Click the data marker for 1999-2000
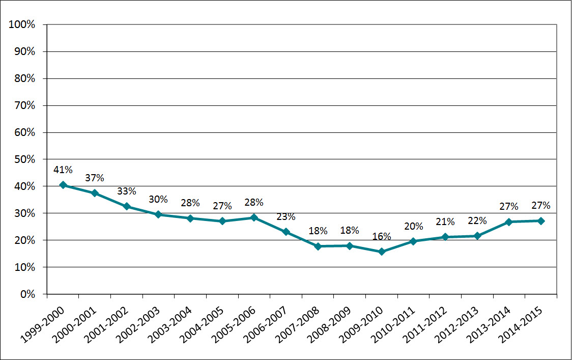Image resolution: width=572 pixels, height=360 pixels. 63,185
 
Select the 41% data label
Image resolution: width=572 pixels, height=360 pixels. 63,170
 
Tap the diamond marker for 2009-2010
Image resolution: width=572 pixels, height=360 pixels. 382,252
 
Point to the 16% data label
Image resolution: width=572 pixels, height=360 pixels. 382,236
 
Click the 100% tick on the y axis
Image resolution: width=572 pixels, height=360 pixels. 22,24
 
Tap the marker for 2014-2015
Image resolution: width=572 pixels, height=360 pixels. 541,221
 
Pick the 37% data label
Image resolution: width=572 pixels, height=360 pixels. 95,178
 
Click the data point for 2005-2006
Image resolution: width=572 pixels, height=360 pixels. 254,217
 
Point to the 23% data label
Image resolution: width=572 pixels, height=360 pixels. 286,216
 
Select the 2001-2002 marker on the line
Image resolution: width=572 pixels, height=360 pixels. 126,206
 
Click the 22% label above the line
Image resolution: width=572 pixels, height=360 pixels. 477,220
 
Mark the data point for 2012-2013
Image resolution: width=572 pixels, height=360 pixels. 477,236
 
